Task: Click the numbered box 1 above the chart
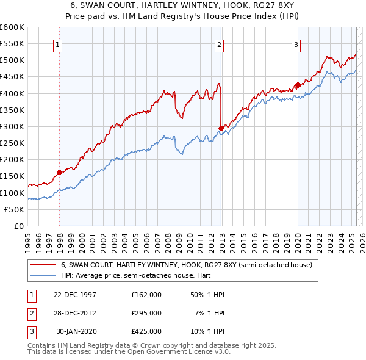click(57, 43)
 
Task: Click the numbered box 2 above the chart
click(219, 43)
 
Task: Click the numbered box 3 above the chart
click(295, 43)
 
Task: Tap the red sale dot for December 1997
click(60, 172)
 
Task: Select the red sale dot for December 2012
click(221, 128)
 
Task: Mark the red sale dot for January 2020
click(298, 85)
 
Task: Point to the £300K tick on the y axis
click(12, 126)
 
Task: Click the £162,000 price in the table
click(146, 294)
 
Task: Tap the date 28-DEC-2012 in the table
click(75, 312)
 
